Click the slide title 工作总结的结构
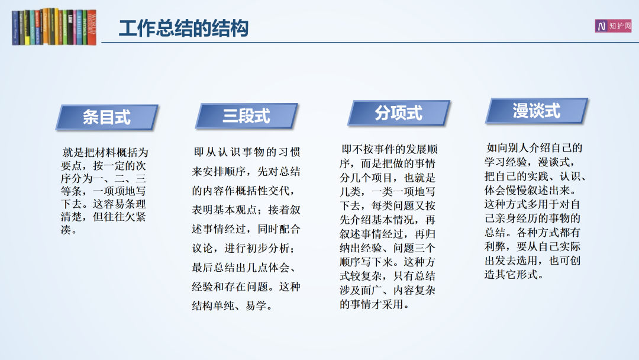(183, 28)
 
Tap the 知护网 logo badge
(613, 26)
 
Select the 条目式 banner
(106, 117)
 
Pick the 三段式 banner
(247, 116)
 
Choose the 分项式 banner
(399, 113)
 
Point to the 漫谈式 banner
(536, 111)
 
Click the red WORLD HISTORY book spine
(92, 27)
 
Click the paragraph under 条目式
(104, 191)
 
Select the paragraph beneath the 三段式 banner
(246, 229)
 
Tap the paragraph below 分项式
(388, 227)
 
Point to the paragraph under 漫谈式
(535, 211)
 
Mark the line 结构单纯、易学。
(233, 306)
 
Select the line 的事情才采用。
(375, 304)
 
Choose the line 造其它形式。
(514, 275)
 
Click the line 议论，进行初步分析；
(244, 248)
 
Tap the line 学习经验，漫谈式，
(530, 162)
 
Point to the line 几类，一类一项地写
(388, 192)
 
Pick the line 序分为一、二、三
(103, 179)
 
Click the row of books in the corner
(54, 27)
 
